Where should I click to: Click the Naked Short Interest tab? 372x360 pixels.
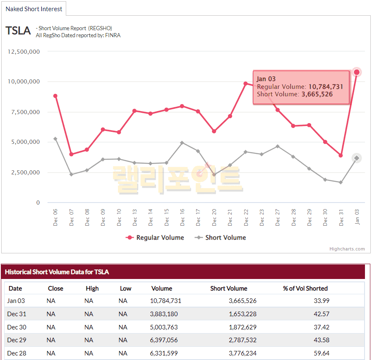(x=34, y=9)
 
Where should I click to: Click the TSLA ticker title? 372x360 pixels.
(x=18, y=31)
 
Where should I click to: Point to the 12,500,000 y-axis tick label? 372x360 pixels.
(x=24, y=52)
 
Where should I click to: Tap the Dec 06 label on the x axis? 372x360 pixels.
(x=55, y=217)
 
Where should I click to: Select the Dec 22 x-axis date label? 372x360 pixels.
(x=246, y=217)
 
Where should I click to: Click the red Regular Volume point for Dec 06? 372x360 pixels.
(x=55, y=96)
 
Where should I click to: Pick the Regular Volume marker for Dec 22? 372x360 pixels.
(x=245, y=83)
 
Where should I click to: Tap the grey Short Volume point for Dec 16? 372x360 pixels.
(x=182, y=143)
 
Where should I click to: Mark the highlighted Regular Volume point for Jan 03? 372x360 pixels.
(x=357, y=72)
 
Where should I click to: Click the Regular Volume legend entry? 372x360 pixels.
(x=155, y=238)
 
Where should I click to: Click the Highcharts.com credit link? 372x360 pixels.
(x=347, y=249)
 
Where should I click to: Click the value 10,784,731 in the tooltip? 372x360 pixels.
(x=326, y=87)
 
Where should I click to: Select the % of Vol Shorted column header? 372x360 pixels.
(x=305, y=288)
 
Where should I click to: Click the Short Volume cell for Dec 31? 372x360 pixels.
(x=242, y=314)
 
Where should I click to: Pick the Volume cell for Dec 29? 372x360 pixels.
(x=166, y=340)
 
